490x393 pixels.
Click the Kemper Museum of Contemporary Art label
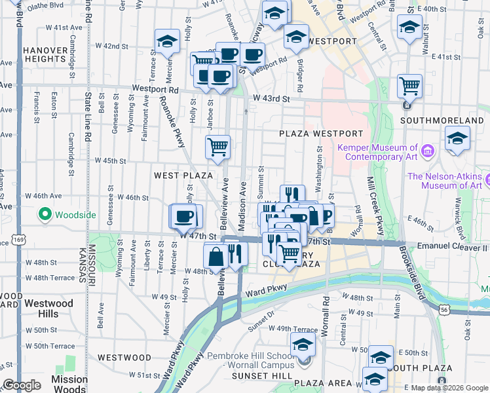pyautogui.click(x=377, y=153)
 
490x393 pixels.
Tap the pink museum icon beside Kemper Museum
pyautogui.click(x=428, y=151)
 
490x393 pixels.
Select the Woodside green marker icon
pyautogui.click(x=45, y=214)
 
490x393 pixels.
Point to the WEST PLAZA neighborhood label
pyautogui.click(x=183, y=176)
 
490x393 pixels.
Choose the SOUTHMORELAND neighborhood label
pyautogui.click(x=442, y=121)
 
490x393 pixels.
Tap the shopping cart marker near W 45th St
pyautogui.click(x=217, y=147)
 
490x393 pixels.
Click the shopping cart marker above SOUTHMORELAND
pyautogui.click(x=409, y=85)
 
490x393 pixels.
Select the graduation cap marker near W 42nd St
pyautogui.click(x=168, y=41)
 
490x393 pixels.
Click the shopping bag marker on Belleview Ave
pyautogui.click(x=216, y=256)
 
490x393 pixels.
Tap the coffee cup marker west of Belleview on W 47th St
pyautogui.click(x=185, y=215)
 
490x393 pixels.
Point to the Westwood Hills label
pyautogui.click(x=49, y=309)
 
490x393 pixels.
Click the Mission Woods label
pyautogui.click(x=69, y=384)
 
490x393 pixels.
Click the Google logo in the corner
pyautogui.click(x=22, y=385)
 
